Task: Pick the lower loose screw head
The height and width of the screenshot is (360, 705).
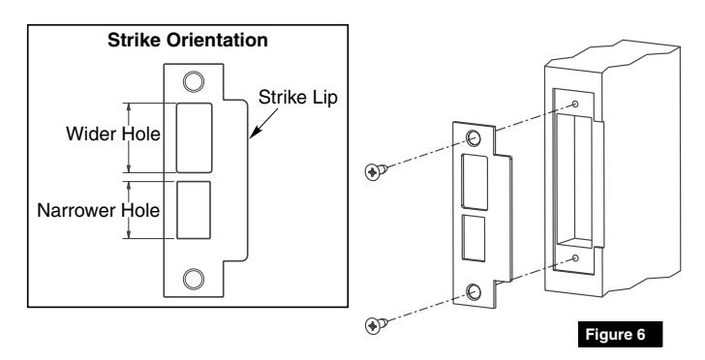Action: [x=371, y=324]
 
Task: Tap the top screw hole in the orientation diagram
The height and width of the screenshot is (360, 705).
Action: [x=195, y=80]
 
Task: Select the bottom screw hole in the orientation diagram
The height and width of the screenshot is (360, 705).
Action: [x=195, y=279]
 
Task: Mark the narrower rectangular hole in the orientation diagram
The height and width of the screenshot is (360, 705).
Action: [x=193, y=208]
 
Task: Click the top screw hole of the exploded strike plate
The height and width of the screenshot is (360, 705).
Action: [x=474, y=138]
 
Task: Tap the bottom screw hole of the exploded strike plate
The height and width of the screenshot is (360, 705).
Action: [x=475, y=291]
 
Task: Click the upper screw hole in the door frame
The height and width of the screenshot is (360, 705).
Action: [x=575, y=104]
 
